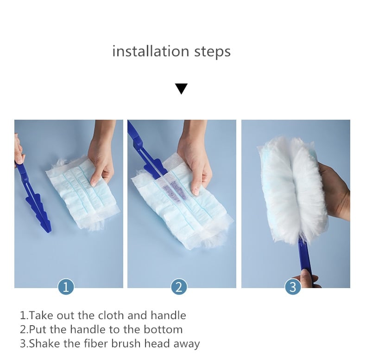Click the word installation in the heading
click(151, 51)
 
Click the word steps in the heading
click(212, 52)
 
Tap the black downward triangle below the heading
click(181, 89)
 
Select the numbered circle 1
click(66, 287)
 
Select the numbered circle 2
click(179, 287)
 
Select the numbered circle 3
click(293, 287)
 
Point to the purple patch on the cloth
click(175, 191)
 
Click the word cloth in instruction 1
click(111, 315)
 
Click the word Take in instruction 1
click(40, 315)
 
